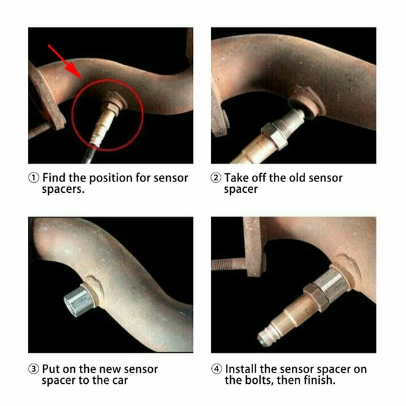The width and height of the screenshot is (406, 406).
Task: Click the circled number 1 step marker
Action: pyautogui.click(x=34, y=178)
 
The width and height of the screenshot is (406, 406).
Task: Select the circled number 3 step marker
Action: pyautogui.click(x=34, y=369)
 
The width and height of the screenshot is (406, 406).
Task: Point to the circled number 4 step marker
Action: pyautogui.click(x=216, y=369)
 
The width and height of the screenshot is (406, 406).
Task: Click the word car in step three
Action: pyautogui.click(x=119, y=380)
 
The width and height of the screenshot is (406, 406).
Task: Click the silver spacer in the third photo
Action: pyautogui.click(x=75, y=296)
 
